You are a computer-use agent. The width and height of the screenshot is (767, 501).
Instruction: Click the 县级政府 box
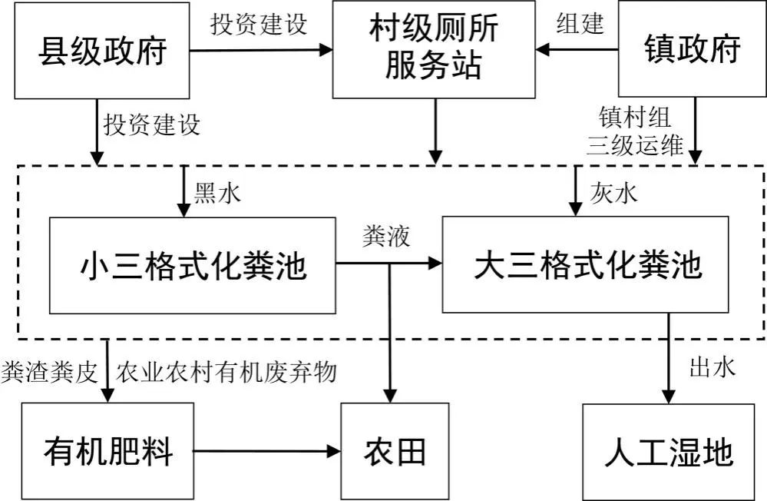(102, 51)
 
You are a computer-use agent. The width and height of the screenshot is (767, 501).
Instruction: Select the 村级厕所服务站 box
(434, 49)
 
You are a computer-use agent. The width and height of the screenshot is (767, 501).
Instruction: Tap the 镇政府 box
(693, 48)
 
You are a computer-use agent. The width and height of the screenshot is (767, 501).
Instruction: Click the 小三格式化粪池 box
(192, 265)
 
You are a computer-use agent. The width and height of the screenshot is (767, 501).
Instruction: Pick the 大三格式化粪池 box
(586, 264)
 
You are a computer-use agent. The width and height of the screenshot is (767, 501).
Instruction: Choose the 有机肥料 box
(107, 451)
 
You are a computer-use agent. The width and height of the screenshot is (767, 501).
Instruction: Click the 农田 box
(395, 451)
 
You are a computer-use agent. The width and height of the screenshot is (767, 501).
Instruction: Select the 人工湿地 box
(668, 452)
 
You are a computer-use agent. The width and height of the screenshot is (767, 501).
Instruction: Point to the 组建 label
(580, 23)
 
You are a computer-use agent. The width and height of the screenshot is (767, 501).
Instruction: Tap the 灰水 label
(613, 193)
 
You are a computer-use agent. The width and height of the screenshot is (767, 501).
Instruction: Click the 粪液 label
(386, 236)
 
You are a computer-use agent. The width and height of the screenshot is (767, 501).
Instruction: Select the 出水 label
(712, 367)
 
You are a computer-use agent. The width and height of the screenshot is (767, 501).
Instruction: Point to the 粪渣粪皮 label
(50, 372)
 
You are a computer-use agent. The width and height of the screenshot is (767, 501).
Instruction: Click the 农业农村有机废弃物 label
(226, 372)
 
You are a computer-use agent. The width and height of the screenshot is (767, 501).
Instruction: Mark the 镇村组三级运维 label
(635, 131)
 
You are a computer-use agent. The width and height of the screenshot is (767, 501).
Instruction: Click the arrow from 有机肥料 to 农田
(267, 451)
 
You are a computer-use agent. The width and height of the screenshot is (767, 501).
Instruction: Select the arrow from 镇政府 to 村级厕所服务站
(577, 49)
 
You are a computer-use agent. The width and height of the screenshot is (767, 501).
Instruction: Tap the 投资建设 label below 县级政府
(152, 125)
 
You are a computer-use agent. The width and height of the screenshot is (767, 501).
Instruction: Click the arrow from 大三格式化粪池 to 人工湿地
(669, 359)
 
